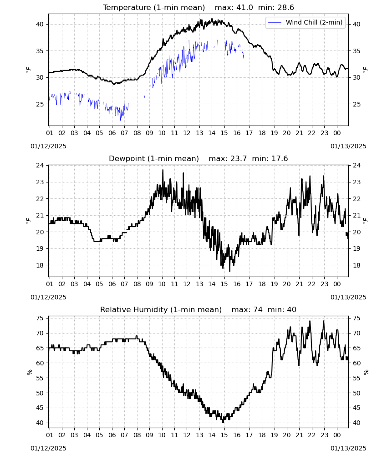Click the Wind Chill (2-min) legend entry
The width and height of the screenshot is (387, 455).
[306, 22]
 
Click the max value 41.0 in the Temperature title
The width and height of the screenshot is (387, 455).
[244, 8]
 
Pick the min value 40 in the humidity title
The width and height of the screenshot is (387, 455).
[292, 309]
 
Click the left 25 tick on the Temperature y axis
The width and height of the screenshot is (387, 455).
[40, 104]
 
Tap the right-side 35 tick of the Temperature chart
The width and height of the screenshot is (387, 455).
[356, 51]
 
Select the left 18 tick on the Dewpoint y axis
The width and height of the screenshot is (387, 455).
[40, 265]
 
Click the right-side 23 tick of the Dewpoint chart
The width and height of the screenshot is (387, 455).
[356, 182]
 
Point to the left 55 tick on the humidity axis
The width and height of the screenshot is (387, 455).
[40, 378]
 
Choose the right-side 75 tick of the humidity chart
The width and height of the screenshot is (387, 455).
[356, 318]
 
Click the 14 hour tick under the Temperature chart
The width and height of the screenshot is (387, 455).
[212, 133]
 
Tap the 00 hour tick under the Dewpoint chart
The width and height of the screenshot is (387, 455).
[337, 284]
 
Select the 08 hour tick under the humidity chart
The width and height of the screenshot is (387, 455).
[137, 435]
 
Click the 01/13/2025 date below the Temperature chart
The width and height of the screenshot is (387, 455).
[348, 146]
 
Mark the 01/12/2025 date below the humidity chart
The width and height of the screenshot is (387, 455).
[48, 448]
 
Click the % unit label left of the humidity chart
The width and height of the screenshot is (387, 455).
[29, 372]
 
